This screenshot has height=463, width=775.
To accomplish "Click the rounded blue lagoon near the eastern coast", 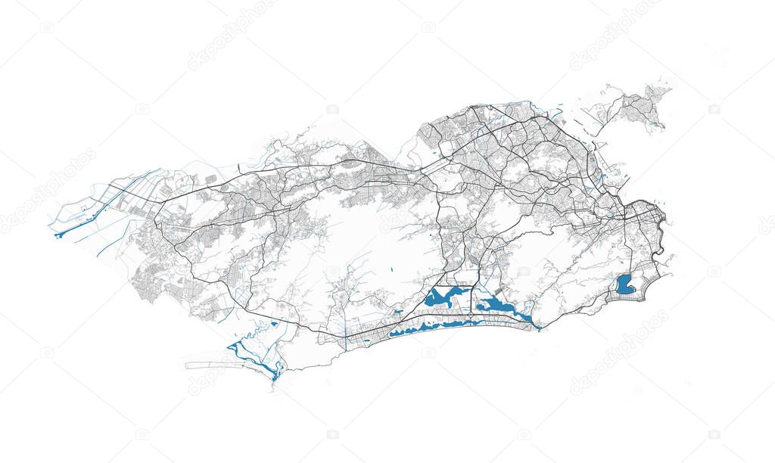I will coord(625,284).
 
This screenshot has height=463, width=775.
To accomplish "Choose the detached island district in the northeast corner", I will coord(636,106).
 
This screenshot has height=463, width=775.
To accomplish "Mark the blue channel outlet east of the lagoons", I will coord(537,327).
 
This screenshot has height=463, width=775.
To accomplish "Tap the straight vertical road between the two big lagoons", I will coord(472,299).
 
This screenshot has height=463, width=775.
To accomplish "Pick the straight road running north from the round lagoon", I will coord(627,250).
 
